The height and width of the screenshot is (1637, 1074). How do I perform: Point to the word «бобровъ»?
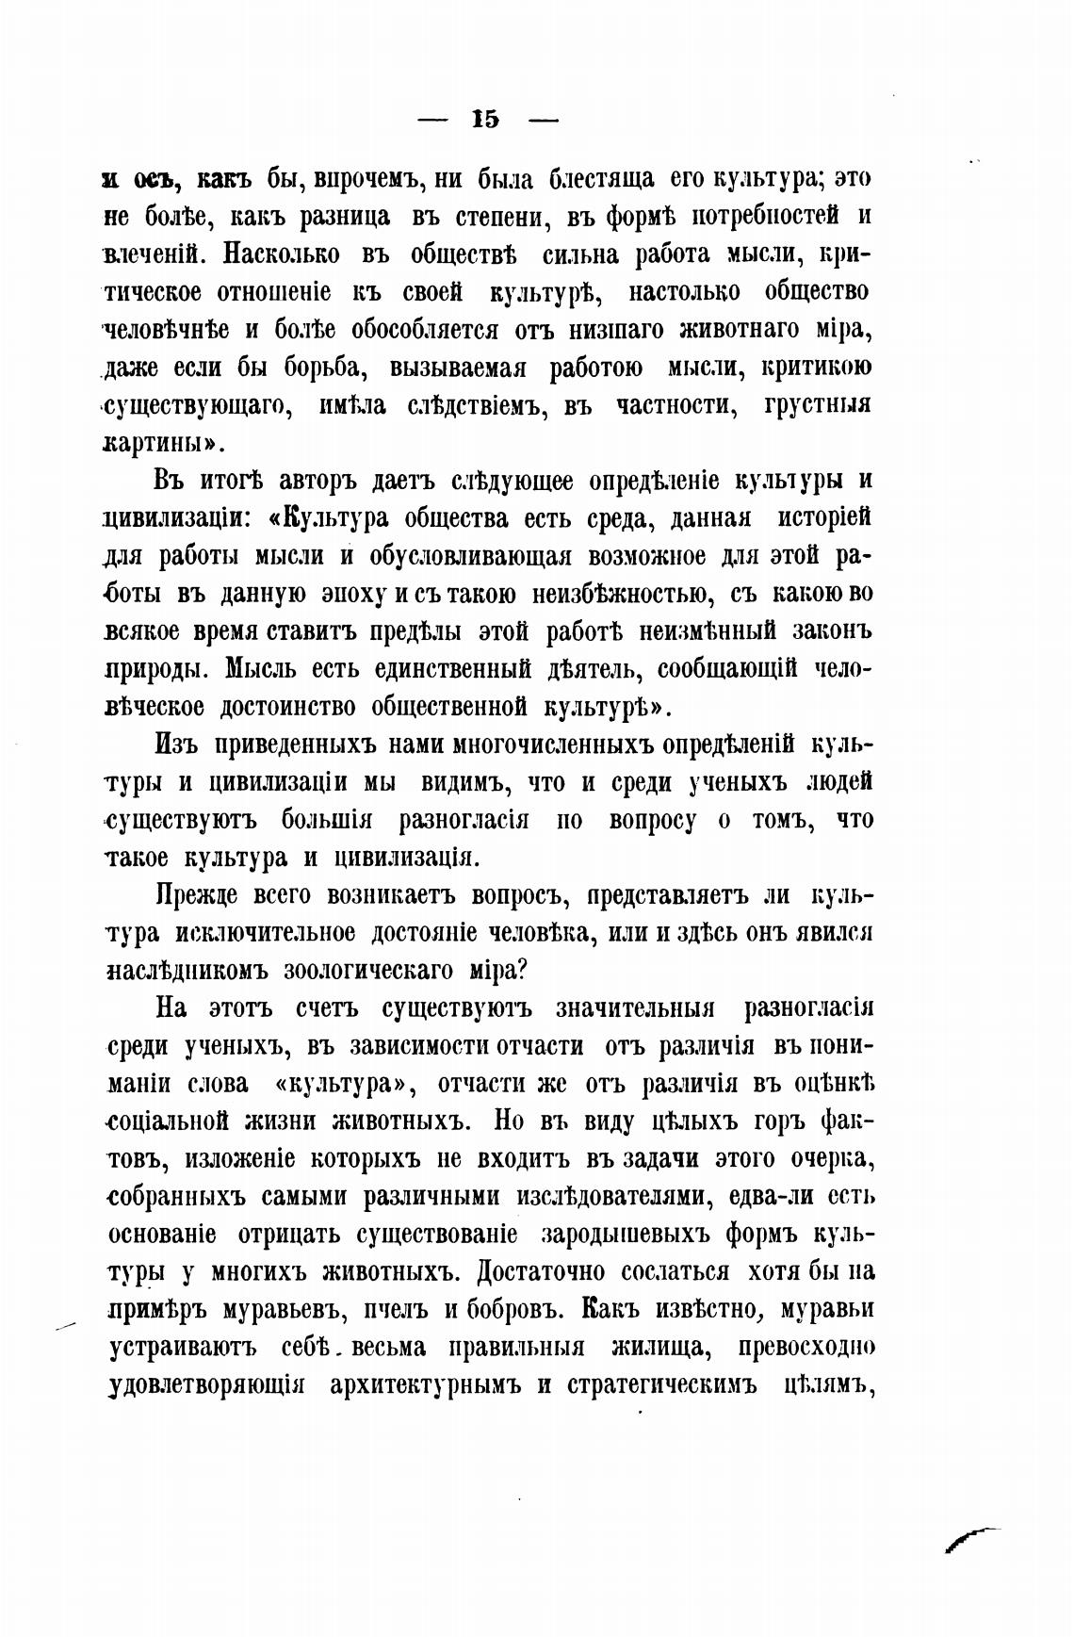pos(512,1310)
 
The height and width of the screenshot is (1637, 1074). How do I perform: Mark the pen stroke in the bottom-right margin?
pos(970,1539)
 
